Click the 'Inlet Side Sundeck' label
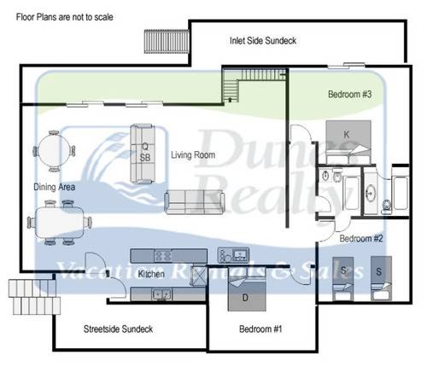coord(263,41)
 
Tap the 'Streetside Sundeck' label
coord(118,329)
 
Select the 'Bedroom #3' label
coord(350,94)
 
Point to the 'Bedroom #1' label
coord(260,329)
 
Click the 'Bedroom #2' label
coord(361,238)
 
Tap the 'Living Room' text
coord(193,155)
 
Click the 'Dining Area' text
coord(55,187)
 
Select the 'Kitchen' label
coord(151,274)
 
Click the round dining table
coord(54,151)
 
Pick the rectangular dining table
coord(60,223)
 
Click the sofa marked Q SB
coord(143,154)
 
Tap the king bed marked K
coord(348,142)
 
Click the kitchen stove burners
coord(163,256)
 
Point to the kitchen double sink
coord(161,294)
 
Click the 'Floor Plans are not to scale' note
coord(65,17)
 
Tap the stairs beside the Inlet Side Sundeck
coord(167,42)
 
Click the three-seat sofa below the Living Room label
coord(194,202)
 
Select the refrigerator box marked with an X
coord(199,276)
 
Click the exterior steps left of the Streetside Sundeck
coord(34,297)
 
